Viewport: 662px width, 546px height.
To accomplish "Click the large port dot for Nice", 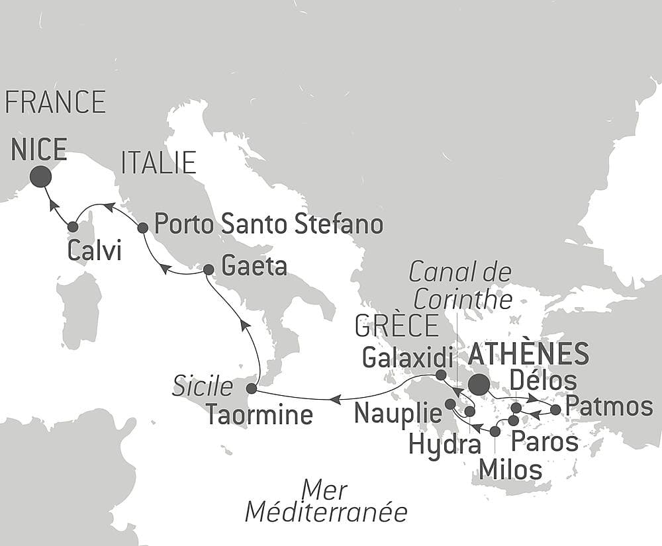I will coord(40,176).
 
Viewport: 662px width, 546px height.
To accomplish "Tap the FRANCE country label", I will coord(55,103).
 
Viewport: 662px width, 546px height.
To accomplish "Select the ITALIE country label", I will coord(158,162).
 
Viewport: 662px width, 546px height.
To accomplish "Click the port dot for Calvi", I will coord(73,227).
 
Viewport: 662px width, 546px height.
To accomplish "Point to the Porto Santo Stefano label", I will coord(268,224).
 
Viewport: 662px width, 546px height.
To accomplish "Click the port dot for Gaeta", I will coord(208,269).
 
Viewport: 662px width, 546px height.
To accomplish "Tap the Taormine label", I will coord(258,415).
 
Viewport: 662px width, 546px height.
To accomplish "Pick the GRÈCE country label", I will coord(397,326).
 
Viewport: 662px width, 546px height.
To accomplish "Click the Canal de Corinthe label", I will coord(461,285).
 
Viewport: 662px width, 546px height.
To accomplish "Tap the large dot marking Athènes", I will coord(478,385).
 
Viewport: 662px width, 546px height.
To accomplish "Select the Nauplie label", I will coord(398,414).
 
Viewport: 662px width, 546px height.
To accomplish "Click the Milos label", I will coord(510,470).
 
